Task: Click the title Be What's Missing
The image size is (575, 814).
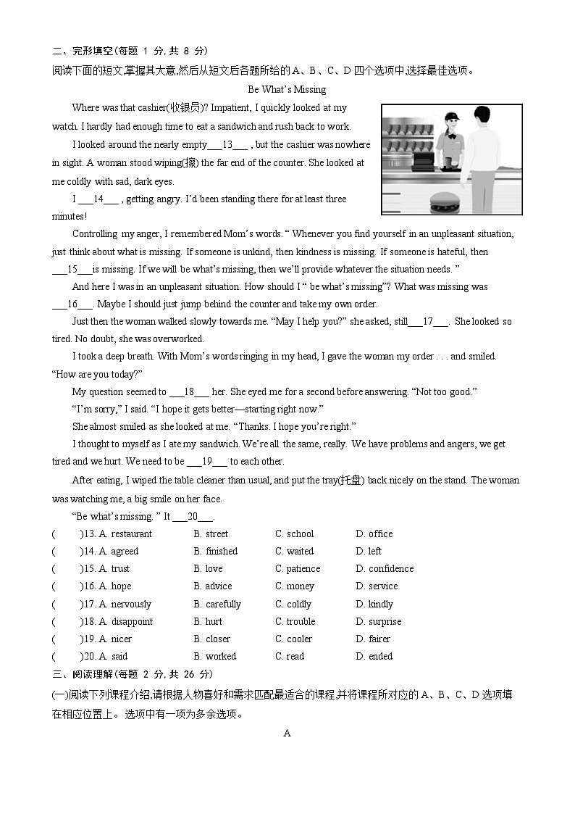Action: coord(287,90)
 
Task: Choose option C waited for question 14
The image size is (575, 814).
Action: coord(294,551)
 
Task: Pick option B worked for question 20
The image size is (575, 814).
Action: coord(214,656)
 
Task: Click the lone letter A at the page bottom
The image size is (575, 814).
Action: coord(287,733)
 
